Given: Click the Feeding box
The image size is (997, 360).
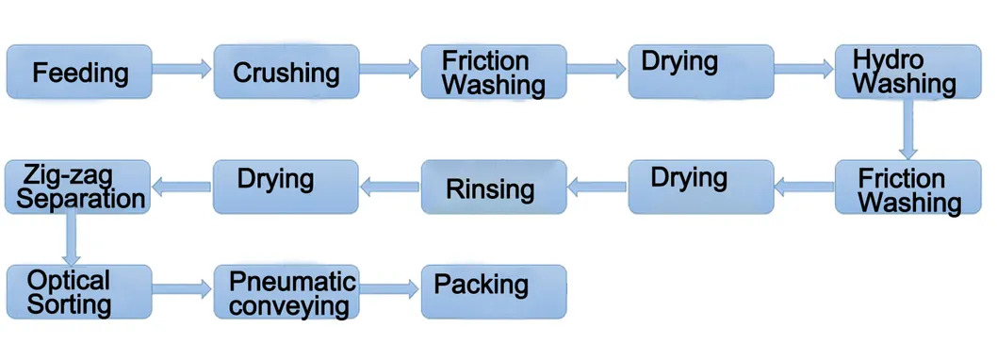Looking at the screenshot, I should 79,72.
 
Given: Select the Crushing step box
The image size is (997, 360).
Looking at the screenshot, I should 286,72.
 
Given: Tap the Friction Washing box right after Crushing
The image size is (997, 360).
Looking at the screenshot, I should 494,72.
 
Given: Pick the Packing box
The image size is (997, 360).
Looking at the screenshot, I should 494,292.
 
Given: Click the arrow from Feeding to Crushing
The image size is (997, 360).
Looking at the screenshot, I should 183,68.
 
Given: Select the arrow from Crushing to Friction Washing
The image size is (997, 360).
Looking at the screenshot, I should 390,68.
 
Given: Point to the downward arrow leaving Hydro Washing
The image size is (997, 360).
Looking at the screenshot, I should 908,129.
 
